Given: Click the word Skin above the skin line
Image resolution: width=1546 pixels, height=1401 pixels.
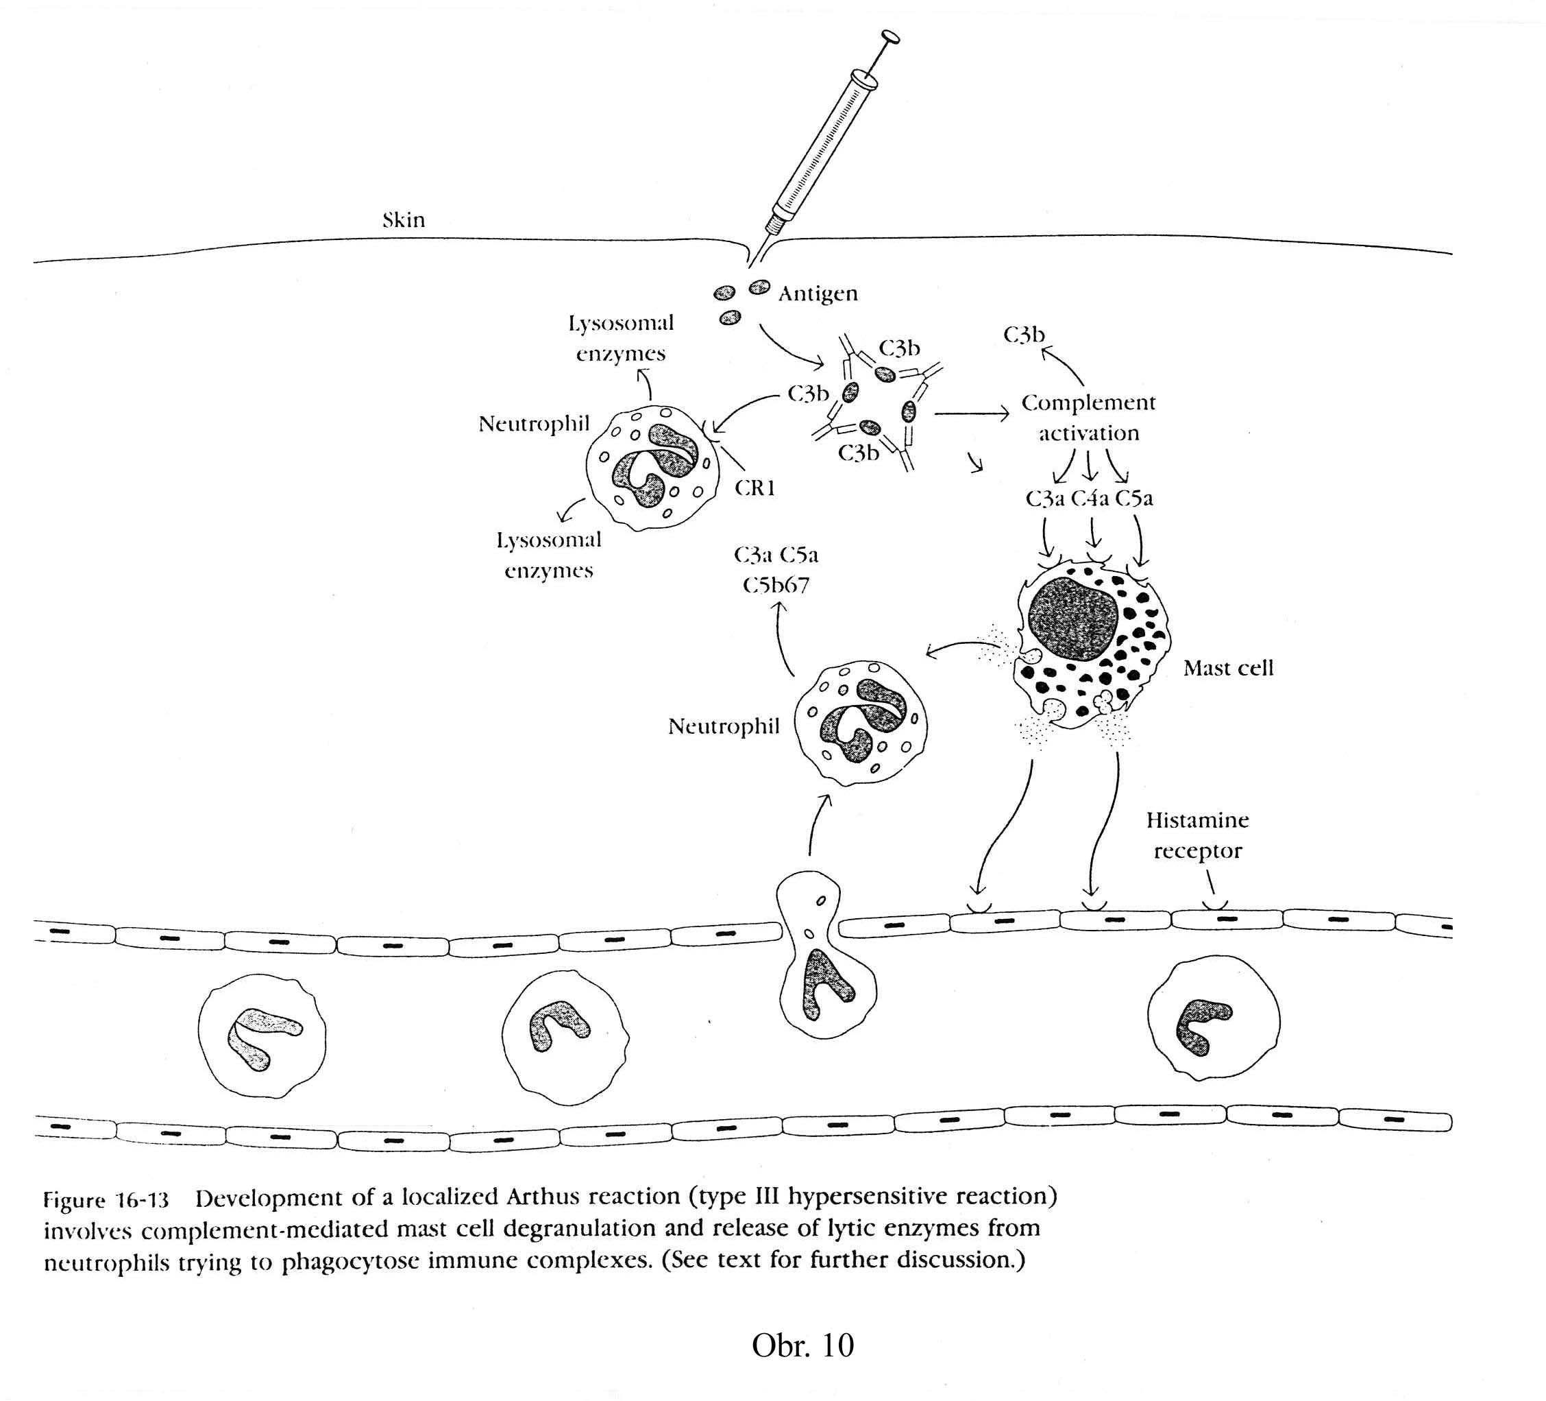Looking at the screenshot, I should (x=404, y=220).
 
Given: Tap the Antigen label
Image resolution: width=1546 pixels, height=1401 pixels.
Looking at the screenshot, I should (x=818, y=294).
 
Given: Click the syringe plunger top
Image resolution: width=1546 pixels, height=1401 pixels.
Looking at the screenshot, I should (x=890, y=36).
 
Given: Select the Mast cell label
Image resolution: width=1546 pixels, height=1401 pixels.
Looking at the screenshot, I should (x=1228, y=669).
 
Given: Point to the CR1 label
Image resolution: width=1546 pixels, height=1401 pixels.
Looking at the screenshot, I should (x=754, y=488).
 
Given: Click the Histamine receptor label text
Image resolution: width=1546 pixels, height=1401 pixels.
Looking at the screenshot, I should (x=1197, y=835).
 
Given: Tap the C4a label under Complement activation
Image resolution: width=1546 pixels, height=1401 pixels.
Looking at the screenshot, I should (x=1090, y=499).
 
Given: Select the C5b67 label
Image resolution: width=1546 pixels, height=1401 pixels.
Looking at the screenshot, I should (x=776, y=586).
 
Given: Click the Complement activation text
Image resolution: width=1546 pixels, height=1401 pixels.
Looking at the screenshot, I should (x=1088, y=418).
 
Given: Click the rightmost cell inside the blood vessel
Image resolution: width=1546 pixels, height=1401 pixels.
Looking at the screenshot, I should (x=1212, y=1019).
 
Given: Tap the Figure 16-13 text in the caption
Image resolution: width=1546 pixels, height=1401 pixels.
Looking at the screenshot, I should (x=105, y=1199).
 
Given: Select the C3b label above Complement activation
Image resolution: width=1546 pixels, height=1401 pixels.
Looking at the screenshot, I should (x=1024, y=335).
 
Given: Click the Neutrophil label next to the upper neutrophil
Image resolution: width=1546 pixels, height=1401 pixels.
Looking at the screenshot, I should (x=534, y=424).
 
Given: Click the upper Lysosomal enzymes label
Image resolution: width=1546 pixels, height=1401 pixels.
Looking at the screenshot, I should (x=620, y=338).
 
